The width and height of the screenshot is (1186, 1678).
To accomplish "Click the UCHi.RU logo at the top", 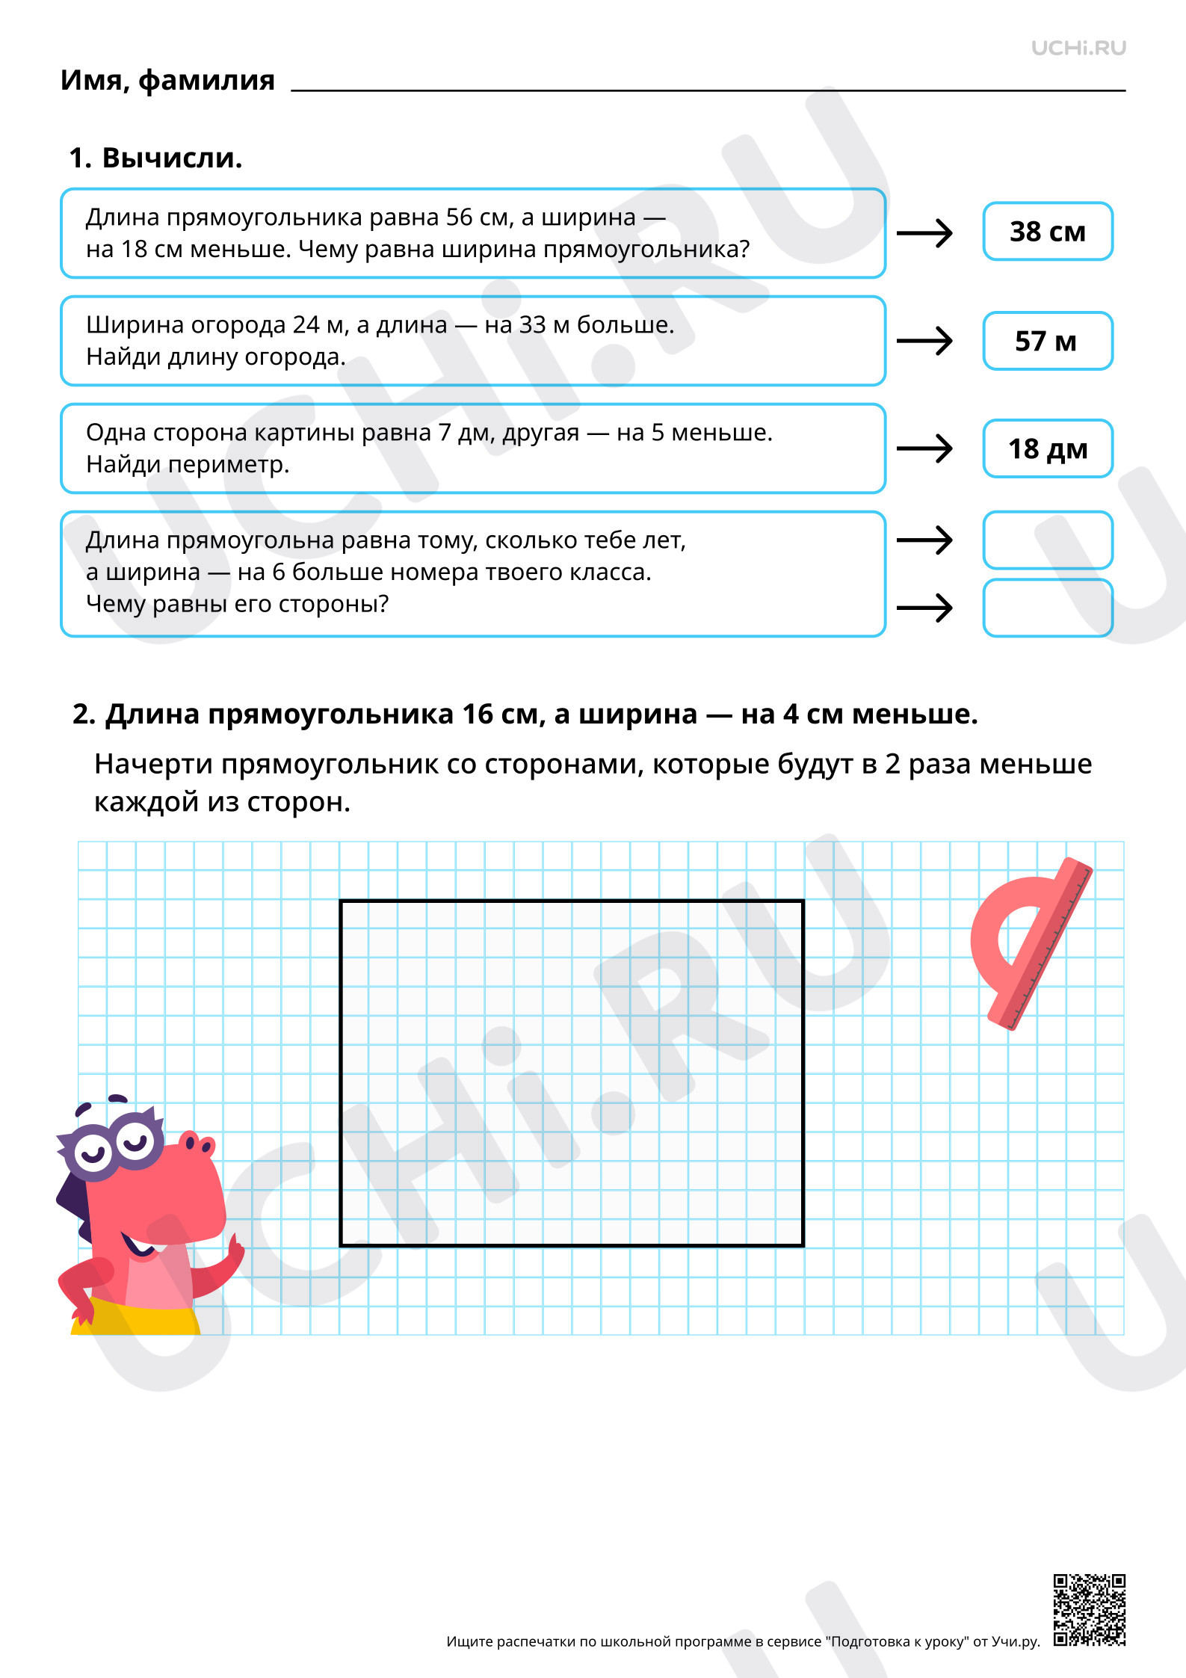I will [x=1078, y=49].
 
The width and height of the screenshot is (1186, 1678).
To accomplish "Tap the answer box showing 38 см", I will [x=1047, y=232].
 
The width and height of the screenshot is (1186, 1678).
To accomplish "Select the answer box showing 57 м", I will [x=1047, y=341].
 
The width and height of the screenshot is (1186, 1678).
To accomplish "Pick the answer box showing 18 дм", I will [x=1047, y=448].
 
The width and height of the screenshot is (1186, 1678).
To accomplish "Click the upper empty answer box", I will [x=1047, y=540].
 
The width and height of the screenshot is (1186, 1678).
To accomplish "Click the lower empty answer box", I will [x=1047, y=608].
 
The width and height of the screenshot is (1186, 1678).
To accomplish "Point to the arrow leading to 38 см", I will [x=924, y=233].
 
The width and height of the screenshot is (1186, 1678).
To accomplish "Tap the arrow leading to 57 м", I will [x=924, y=342].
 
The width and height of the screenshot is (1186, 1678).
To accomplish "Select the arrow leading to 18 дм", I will [x=924, y=449].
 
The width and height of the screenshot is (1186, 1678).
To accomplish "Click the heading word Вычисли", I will [x=172, y=158].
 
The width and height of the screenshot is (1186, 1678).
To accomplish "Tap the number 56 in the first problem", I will [x=460, y=217].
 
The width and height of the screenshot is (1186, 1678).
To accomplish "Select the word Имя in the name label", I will [x=93, y=80].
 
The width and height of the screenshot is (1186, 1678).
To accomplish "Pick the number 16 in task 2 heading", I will [x=477, y=715].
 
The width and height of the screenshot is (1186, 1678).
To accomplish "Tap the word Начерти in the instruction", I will [x=153, y=764].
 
